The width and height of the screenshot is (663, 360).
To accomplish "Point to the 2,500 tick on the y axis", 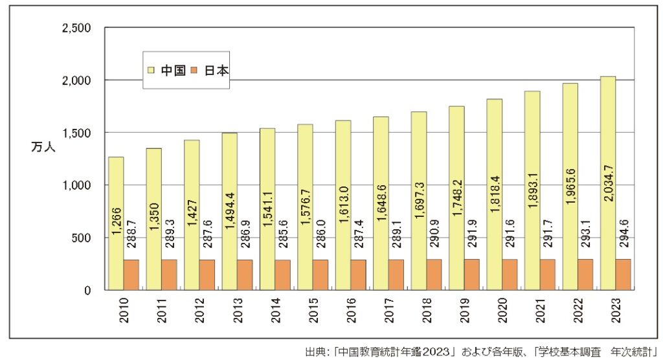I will [x=76, y=28].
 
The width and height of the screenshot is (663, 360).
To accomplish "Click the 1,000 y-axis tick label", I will [x=76, y=185].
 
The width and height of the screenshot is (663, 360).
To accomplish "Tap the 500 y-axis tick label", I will [x=81, y=238].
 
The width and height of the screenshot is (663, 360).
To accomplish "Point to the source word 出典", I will [x=314, y=352].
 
